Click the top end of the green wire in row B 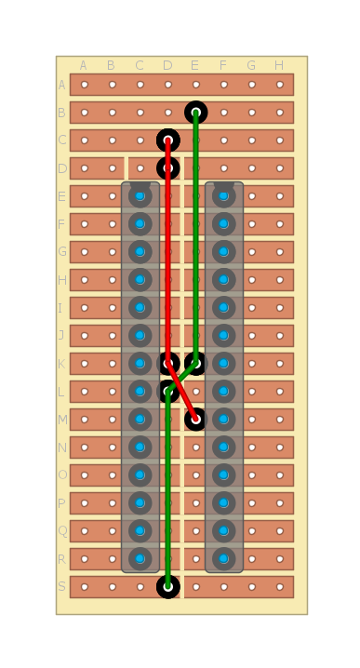click(195, 113)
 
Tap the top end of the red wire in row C click(168, 140)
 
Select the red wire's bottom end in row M click(195, 420)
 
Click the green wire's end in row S click(168, 587)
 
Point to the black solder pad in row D click(168, 168)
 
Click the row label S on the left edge click(62, 587)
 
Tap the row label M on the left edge click(62, 420)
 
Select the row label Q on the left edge click(62, 531)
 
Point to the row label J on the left click(62, 336)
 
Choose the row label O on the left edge click(62, 475)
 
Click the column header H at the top click(279, 65)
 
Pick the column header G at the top click(251, 65)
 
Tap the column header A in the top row click(84, 65)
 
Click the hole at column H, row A click(279, 85)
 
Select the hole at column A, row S click(85, 587)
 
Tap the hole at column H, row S click(279, 587)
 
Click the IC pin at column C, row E click(140, 196)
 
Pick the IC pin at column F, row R click(223, 559)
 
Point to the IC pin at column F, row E click(223, 196)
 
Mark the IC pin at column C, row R click(140, 559)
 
